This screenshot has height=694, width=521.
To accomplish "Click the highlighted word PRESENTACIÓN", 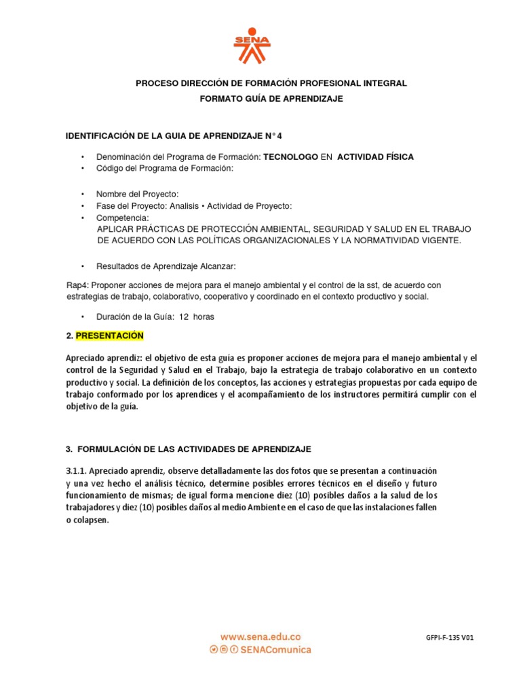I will coord(110,335).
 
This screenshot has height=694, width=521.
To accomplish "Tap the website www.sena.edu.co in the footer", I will coord(259,636).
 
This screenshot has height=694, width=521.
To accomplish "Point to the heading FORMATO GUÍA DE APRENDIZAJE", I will coord(271,98).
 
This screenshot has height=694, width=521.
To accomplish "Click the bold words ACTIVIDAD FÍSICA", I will coord(375,157).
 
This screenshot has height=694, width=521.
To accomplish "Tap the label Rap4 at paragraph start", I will coord(77,285).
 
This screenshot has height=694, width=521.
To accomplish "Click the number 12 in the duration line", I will coord(183,317).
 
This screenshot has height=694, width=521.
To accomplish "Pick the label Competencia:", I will coord(122,218).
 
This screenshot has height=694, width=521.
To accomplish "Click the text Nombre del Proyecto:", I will coord(138,193).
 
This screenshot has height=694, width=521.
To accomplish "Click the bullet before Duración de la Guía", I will coord(83,317).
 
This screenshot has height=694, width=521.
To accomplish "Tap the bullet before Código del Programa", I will coord(83,168).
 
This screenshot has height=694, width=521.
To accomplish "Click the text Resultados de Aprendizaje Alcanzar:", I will coord(166,266).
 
